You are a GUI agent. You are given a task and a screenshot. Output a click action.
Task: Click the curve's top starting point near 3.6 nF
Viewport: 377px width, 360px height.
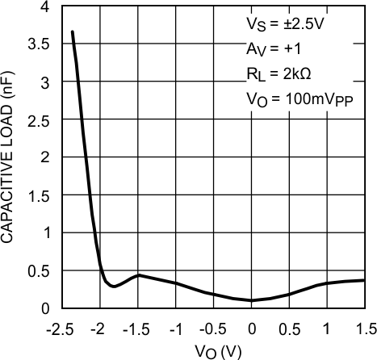(73, 32)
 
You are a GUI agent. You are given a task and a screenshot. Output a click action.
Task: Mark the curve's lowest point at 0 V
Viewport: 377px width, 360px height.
(251, 300)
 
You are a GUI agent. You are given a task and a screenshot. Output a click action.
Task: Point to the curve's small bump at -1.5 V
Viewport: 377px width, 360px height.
(138, 275)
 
